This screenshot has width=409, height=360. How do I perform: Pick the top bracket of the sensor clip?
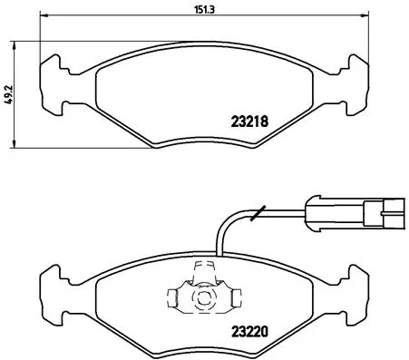point(204,269)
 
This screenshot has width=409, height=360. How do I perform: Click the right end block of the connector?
point(380,214)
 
